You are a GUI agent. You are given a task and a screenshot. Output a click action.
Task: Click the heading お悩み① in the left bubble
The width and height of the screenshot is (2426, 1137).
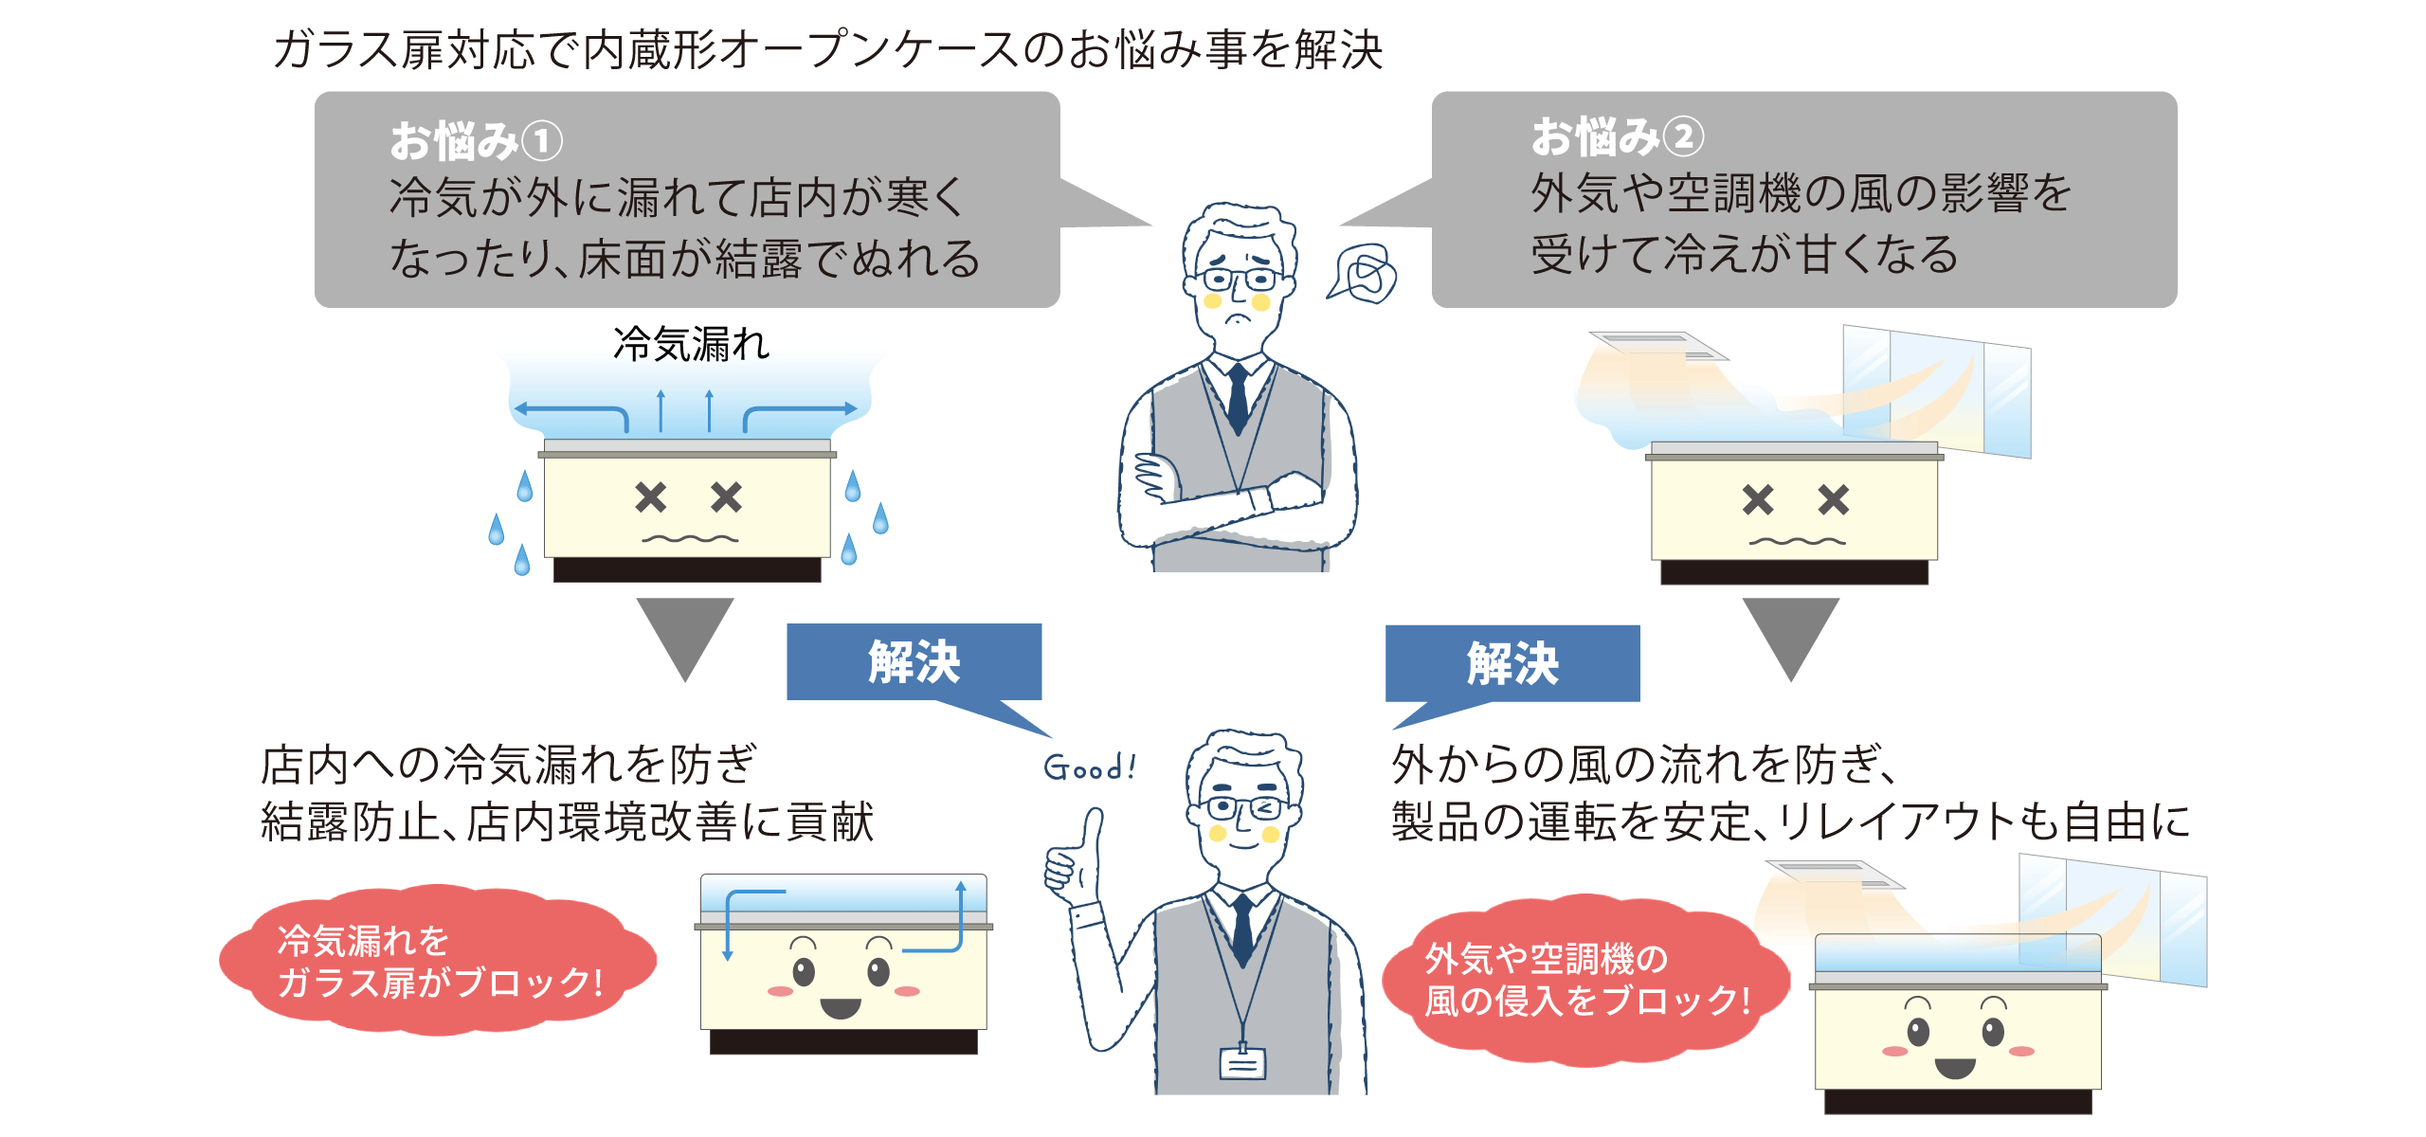click(476, 141)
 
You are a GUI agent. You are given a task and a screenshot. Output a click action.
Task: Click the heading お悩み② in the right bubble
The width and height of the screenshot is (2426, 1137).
click(1617, 137)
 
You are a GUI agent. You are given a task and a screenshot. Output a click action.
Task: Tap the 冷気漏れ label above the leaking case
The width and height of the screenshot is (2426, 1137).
click(691, 344)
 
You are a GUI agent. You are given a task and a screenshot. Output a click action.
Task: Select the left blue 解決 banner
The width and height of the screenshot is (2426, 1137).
click(914, 661)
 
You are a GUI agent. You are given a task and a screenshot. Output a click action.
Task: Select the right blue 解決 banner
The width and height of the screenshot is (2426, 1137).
click(1512, 663)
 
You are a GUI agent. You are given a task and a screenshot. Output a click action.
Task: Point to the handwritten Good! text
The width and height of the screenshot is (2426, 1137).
click(1090, 767)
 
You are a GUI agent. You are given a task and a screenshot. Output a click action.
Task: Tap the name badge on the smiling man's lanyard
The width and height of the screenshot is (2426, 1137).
click(1242, 1064)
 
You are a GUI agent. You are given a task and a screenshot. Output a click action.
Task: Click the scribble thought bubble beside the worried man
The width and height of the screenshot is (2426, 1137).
click(1365, 274)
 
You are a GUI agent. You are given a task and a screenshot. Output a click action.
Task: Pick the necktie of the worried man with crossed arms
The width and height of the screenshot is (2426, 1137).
click(1238, 398)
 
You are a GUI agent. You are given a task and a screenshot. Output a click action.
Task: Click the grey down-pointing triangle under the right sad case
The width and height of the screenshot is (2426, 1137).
click(1790, 633)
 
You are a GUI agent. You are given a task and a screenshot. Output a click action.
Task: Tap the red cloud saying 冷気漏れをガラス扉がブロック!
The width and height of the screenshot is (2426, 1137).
click(438, 960)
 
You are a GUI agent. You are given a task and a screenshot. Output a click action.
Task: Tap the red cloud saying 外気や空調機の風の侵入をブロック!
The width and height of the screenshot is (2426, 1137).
click(1584, 979)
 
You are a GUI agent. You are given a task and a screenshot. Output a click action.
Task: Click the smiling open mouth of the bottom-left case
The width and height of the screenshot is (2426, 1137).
click(841, 1007)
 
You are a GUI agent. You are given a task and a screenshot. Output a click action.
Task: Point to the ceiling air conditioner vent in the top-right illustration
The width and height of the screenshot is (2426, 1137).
click(1658, 345)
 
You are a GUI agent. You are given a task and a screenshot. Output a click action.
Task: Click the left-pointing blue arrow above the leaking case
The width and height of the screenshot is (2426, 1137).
click(569, 410)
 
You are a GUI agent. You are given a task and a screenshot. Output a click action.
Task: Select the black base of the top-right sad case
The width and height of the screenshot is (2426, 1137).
click(1794, 571)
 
